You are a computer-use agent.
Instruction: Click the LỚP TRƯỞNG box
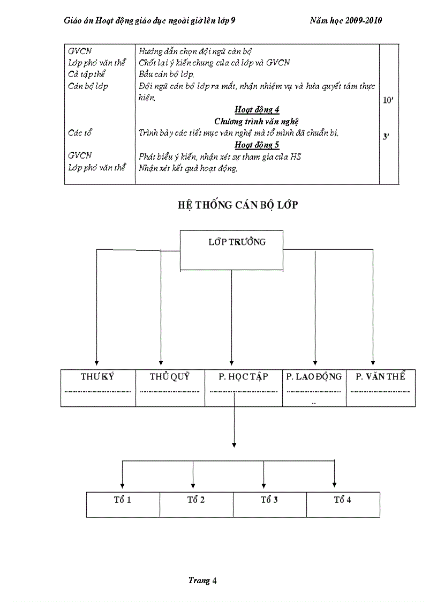point(231,250)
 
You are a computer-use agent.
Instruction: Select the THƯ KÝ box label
point(97,376)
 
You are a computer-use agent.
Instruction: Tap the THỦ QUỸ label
point(170,376)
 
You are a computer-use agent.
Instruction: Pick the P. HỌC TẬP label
point(243,376)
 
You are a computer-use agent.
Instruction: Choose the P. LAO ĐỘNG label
point(314,376)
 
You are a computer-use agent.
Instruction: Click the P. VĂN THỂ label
point(380,376)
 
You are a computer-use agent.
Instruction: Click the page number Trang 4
point(202,580)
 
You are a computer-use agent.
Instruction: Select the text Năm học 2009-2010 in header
point(346,20)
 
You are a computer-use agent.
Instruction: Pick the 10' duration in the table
point(388,100)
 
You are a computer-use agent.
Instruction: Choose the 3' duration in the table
point(386,137)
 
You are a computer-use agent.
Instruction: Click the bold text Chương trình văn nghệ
point(257,122)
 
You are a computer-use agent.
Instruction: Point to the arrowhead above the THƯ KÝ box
point(96,362)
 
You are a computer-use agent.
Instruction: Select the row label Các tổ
point(80,133)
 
